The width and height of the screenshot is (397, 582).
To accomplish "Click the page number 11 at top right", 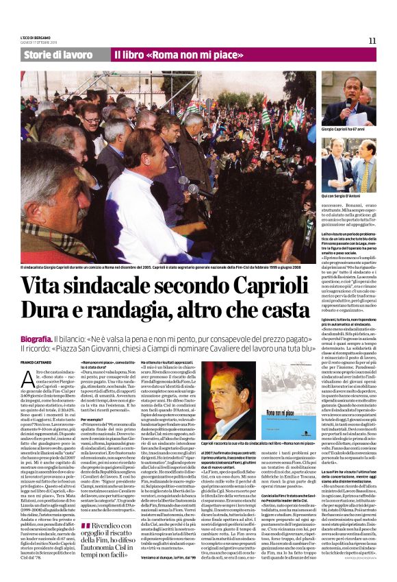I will (372, 42).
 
